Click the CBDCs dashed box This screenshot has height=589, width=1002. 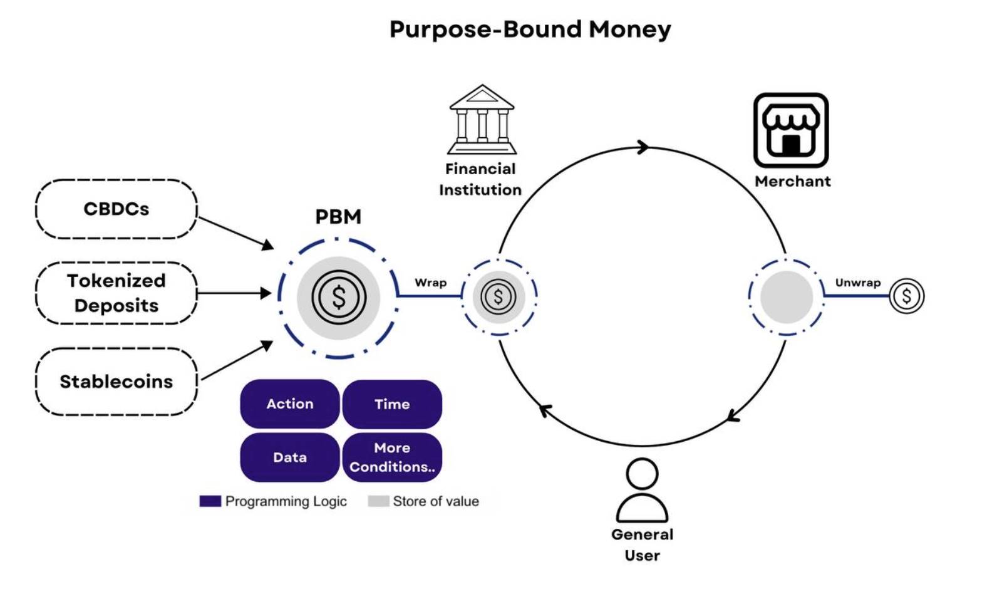pyautogui.click(x=116, y=209)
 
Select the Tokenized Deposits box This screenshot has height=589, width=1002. pyautogui.click(x=116, y=293)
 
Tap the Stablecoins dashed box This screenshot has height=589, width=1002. pyautogui.click(x=116, y=382)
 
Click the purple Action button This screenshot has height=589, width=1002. pyautogui.click(x=290, y=404)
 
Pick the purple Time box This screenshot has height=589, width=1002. pyautogui.click(x=392, y=404)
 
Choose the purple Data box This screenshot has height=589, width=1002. pyautogui.click(x=290, y=457)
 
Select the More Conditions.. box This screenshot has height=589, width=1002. pyautogui.click(x=392, y=457)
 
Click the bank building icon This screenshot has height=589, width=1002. pyautogui.click(x=482, y=120)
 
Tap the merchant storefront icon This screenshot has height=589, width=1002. pyautogui.click(x=791, y=130)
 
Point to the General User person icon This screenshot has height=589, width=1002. pyautogui.click(x=643, y=490)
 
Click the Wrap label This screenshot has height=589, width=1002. pyautogui.click(x=430, y=283)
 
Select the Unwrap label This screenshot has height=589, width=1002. pyautogui.click(x=858, y=283)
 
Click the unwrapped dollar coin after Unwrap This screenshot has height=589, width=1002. pyautogui.click(x=907, y=296)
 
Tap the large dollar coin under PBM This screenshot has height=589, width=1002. pyautogui.click(x=339, y=297)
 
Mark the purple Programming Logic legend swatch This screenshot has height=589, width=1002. pyautogui.click(x=210, y=501)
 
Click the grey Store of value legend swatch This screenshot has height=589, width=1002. pyautogui.click(x=378, y=501)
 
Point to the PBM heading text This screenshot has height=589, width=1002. pyautogui.click(x=338, y=217)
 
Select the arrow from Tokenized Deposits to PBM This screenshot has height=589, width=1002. pyautogui.click(x=234, y=293)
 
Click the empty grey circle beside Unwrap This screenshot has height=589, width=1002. pyautogui.click(x=787, y=297)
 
